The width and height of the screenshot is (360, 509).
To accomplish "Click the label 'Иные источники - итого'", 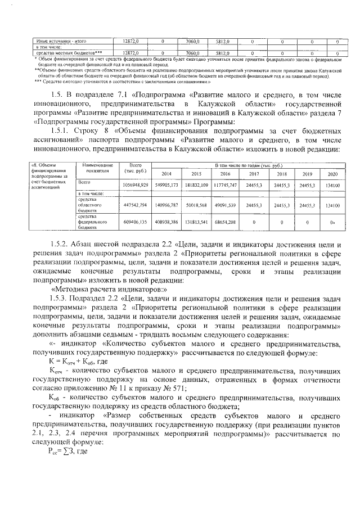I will (x=56, y=42).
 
